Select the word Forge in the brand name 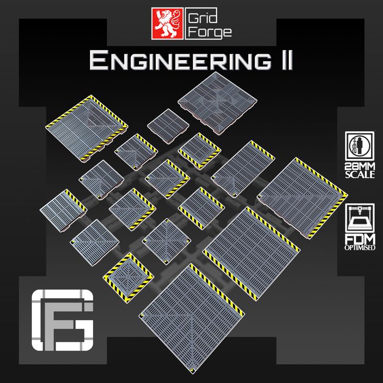coord(211,32)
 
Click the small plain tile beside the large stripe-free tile coord(168,122)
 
